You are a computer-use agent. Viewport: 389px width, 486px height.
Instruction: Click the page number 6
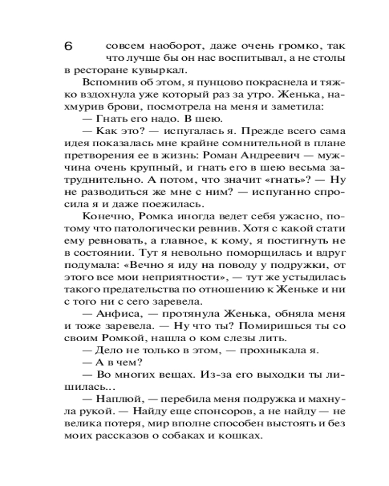pyautogui.click(x=68, y=47)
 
